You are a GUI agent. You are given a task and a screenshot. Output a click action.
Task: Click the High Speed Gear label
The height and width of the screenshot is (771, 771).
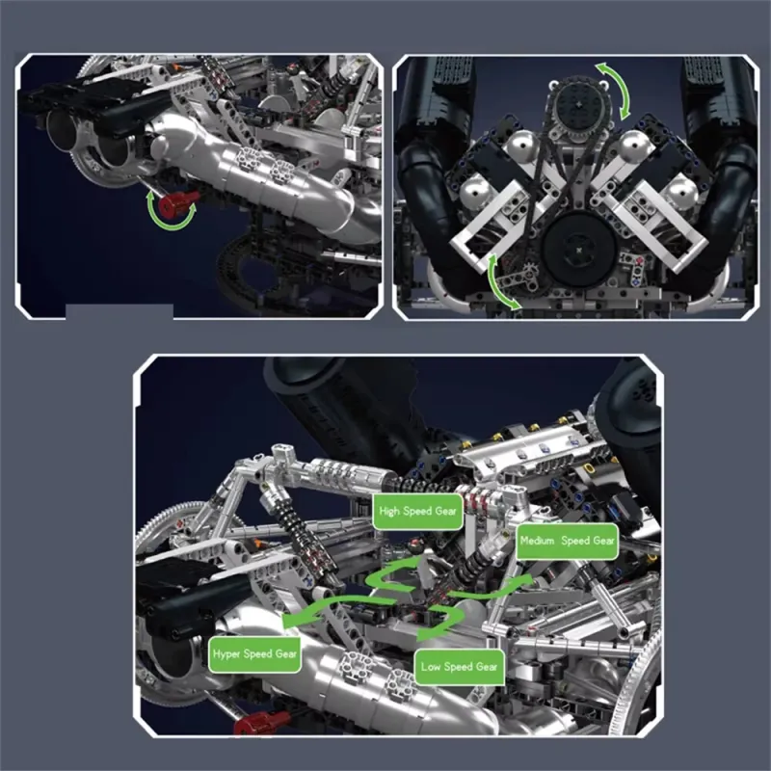pos(417,512)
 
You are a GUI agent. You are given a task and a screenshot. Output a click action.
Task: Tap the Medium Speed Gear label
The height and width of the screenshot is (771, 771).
pos(567,541)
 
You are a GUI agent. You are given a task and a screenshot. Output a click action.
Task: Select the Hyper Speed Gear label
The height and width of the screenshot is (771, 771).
pos(254,654)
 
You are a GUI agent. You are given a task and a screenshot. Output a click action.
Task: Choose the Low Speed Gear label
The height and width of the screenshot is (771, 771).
pos(460,667)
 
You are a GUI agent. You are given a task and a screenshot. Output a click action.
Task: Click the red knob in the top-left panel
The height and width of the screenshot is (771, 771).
pos(180,201)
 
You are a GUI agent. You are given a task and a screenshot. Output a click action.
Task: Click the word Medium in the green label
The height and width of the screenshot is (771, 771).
pos(537,541)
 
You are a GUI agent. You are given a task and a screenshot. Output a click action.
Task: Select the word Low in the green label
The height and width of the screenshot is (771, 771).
pos(430,667)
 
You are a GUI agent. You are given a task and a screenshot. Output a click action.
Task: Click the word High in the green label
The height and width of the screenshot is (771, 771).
pos(389,512)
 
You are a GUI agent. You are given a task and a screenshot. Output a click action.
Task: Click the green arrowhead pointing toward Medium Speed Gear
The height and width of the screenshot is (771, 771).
pos(522,579)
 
